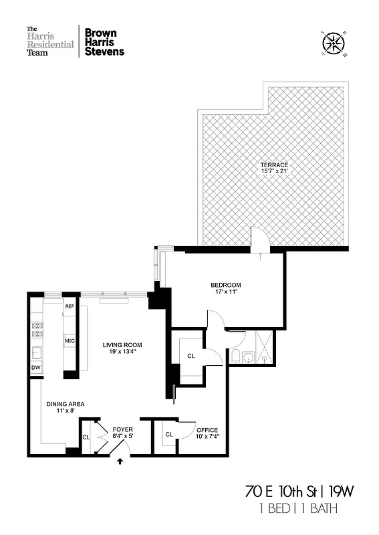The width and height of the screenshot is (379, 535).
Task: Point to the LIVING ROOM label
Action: point(122,345)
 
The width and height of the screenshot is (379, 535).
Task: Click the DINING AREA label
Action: point(65,403)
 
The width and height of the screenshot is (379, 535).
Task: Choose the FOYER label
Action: point(122,429)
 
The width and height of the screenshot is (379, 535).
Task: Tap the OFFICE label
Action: point(207,430)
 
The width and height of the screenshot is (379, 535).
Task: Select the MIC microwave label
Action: point(69,341)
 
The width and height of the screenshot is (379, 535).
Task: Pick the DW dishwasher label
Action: point(35,367)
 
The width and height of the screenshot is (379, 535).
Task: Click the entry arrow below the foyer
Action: point(120,461)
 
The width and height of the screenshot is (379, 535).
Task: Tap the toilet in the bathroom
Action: point(236,356)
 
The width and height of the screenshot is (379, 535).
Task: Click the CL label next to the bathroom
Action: point(191,356)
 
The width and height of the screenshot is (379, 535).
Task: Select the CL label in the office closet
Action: point(169,434)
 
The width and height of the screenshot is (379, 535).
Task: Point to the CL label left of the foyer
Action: point(86,437)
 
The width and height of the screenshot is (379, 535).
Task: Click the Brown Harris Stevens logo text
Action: point(104,41)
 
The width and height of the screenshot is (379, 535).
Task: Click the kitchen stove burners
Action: point(35,330)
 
